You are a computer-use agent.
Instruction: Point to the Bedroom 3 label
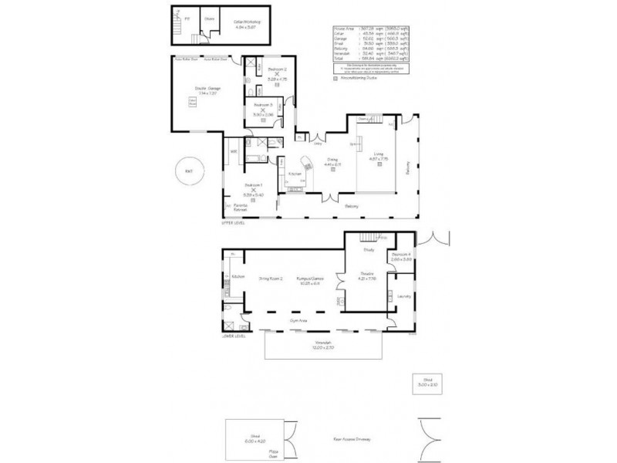click(x=263, y=104)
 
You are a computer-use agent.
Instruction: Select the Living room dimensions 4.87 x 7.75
click(x=378, y=159)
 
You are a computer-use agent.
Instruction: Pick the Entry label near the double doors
click(x=317, y=143)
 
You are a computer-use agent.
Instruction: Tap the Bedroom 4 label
click(x=401, y=255)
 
